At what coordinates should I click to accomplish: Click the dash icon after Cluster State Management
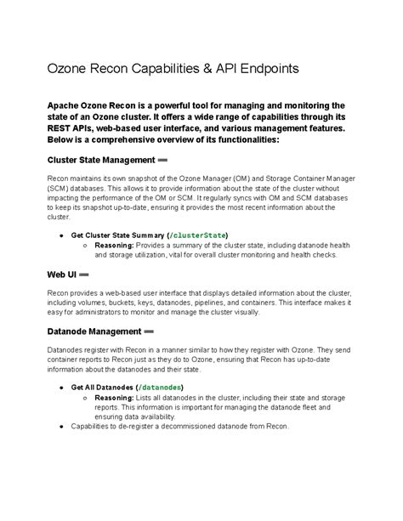pos(162,160)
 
